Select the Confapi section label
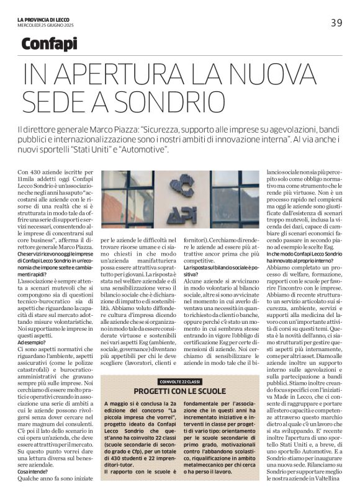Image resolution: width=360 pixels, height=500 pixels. (49, 44)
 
